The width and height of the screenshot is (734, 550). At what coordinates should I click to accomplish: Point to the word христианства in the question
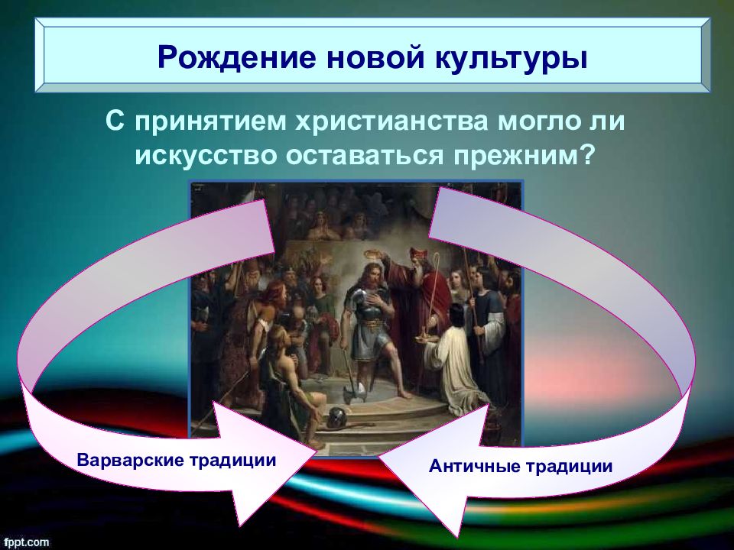393,121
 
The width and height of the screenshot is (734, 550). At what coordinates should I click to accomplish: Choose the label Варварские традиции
177,460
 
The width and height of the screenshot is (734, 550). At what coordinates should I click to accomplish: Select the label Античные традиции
521,466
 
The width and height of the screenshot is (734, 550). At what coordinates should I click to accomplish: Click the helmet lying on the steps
336,418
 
